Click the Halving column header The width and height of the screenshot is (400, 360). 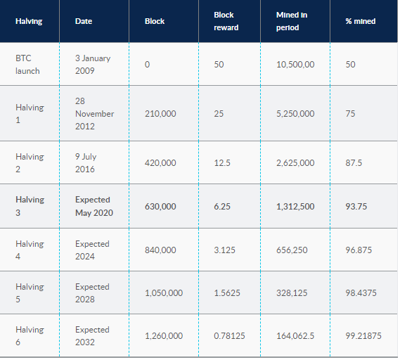coord(29,21)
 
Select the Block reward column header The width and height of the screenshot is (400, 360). coord(226,21)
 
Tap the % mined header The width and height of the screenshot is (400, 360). coord(361,21)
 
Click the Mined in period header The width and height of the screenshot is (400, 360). coord(292,21)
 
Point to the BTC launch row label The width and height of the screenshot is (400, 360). coord(27,64)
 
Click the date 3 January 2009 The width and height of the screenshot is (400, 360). coord(93,64)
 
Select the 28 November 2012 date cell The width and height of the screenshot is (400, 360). coord(94,113)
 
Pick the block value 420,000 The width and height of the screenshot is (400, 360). coord(160,163)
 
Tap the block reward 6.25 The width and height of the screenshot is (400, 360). coord(222,207)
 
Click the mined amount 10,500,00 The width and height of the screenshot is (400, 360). coord(295,64)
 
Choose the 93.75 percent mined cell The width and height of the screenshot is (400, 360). coord(356,207)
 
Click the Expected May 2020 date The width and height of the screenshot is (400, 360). coord(94,206)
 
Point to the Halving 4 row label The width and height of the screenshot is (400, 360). coord(30,250)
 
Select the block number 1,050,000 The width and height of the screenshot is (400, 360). coord(164,293)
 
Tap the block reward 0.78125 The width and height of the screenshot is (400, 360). coord(229,336)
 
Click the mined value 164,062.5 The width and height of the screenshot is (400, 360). coord(295,336)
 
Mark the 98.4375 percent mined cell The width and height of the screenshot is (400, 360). coord(361,293)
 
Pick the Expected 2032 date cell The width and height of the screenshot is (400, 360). coord(92,336)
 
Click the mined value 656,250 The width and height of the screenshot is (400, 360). coord(292,250)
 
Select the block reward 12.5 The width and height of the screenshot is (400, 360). coord(222,163)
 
